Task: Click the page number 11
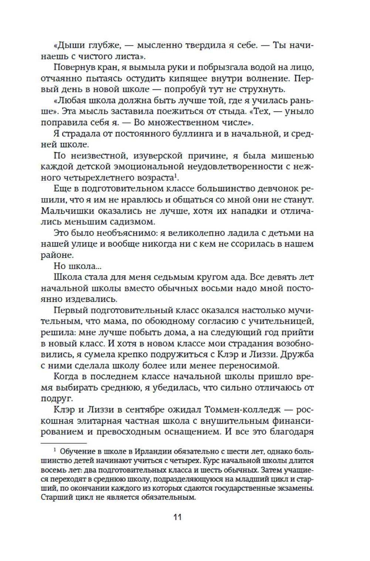click(x=178, y=517)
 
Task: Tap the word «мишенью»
click(x=292, y=156)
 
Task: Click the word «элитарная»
click(x=98, y=421)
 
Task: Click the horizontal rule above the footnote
click(x=63, y=443)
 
